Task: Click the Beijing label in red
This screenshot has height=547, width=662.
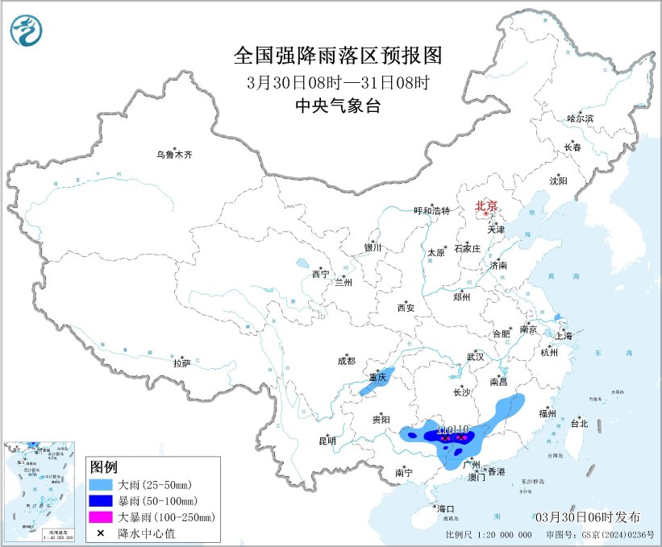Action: point(486,205)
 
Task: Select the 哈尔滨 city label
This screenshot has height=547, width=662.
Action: point(579,118)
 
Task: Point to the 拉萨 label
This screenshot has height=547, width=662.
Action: point(181,363)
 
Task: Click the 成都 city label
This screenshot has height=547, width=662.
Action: point(347,362)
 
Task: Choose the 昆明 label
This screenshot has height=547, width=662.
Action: point(327,441)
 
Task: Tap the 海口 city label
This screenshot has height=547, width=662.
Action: point(445,508)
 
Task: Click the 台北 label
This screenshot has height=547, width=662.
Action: point(579,423)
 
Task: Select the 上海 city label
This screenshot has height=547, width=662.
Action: point(564,335)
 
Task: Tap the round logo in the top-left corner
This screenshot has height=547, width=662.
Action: point(27,30)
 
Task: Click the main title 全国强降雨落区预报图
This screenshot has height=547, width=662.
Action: point(338,56)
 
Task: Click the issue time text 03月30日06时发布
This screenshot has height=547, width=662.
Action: point(587,516)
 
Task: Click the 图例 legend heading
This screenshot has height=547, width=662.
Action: point(104,467)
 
